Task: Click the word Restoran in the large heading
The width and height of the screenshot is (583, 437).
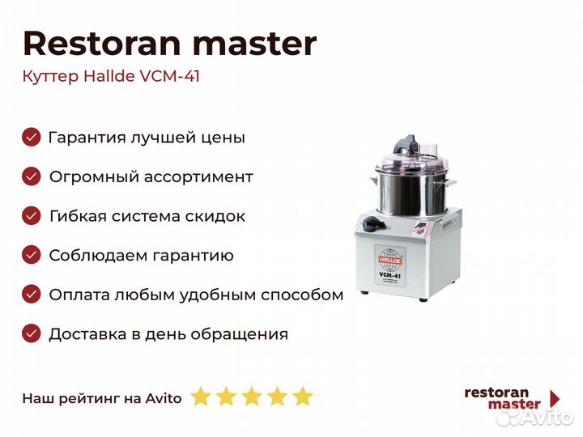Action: (x=102, y=44)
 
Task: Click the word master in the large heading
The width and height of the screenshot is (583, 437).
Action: (x=255, y=45)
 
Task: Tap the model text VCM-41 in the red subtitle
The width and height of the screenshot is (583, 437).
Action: (x=169, y=76)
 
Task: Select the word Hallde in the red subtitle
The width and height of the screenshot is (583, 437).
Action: (x=109, y=76)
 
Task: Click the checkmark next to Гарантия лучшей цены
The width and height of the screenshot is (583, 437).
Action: (x=32, y=137)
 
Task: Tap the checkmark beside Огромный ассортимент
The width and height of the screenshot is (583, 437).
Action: (x=32, y=176)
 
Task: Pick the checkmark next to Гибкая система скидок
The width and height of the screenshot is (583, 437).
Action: (x=32, y=216)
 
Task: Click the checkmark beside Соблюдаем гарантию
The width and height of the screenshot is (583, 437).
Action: (x=32, y=255)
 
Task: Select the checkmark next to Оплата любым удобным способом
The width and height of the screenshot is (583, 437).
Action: (x=32, y=295)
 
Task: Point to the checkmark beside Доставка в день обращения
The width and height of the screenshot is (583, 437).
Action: (x=32, y=333)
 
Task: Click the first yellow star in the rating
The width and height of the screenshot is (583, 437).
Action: (x=201, y=397)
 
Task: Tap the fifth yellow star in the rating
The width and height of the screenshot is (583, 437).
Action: (x=303, y=397)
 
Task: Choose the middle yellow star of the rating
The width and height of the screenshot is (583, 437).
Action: (x=252, y=397)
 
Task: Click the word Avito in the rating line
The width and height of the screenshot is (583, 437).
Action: (x=164, y=398)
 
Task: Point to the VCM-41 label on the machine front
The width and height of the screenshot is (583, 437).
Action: (x=389, y=276)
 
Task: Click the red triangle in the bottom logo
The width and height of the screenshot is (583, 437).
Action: (x=555, y=399)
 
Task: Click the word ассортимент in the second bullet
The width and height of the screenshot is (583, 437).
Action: (x=198, y=177)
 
